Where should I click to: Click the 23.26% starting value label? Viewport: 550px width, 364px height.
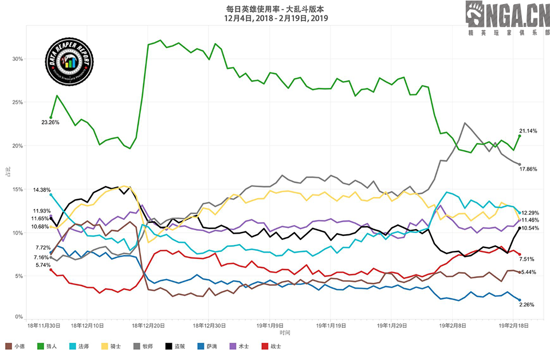pyautogui.click(x=50, y=122)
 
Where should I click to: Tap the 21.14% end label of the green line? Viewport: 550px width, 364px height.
pyautogui.click(x=528, y=131)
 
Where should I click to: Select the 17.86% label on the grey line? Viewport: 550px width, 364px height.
pyautogui.click(x=529, y=169)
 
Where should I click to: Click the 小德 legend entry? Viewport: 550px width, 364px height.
pyautogui.click(x=15, y=346)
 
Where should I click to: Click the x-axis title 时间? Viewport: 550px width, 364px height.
pyautogui.click(x=285, y=332)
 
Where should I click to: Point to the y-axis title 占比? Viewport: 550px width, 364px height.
pyautogui.click(x=7, y=172)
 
